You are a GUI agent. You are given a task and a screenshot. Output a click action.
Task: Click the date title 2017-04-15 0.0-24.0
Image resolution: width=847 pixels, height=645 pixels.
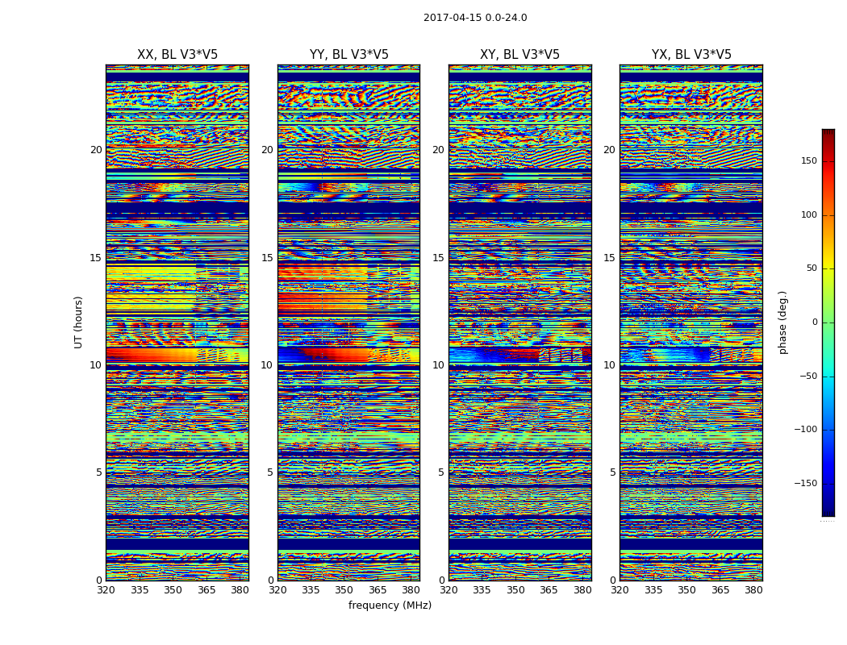(475, 18)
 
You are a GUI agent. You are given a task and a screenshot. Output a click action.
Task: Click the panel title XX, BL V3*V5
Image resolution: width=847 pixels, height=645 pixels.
(177, 55)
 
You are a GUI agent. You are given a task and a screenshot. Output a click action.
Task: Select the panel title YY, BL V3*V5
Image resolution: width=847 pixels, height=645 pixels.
(348, 55)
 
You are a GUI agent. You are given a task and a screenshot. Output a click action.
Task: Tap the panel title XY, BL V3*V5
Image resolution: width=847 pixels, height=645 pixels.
(519, 55)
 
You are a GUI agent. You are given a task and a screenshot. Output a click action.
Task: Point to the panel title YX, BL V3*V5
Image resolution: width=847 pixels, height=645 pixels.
(691, 55)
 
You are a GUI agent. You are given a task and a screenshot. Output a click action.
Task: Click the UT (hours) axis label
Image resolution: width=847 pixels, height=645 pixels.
(79, 322)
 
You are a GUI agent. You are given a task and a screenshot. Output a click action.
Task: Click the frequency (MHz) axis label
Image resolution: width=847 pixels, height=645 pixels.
(390, 605)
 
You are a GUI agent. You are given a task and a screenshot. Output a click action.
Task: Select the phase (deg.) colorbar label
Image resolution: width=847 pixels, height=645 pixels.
(783, 322)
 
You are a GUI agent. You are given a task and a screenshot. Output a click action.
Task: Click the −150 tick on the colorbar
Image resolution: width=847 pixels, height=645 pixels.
(804, 484)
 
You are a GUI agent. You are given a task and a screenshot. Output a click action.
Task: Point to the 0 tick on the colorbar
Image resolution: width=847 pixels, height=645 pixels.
(813, 322)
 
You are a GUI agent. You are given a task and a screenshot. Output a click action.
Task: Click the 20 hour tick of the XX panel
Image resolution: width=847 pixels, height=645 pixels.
(96, 150)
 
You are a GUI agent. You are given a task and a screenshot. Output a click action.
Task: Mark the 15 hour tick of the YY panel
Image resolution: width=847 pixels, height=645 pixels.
(267, 258)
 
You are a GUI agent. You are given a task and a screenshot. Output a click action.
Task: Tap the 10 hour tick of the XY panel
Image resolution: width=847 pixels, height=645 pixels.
(438, 365)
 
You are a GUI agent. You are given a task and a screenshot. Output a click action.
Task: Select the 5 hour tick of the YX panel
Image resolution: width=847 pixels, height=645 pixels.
(612, 472)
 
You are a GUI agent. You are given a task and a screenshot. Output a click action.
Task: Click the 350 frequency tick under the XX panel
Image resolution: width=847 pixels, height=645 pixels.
(173, 590)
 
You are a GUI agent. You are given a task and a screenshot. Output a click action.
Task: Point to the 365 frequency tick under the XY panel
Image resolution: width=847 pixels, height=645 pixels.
(549, 590)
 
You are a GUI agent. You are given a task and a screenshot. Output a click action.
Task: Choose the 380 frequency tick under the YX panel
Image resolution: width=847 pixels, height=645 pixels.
(753, 590)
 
